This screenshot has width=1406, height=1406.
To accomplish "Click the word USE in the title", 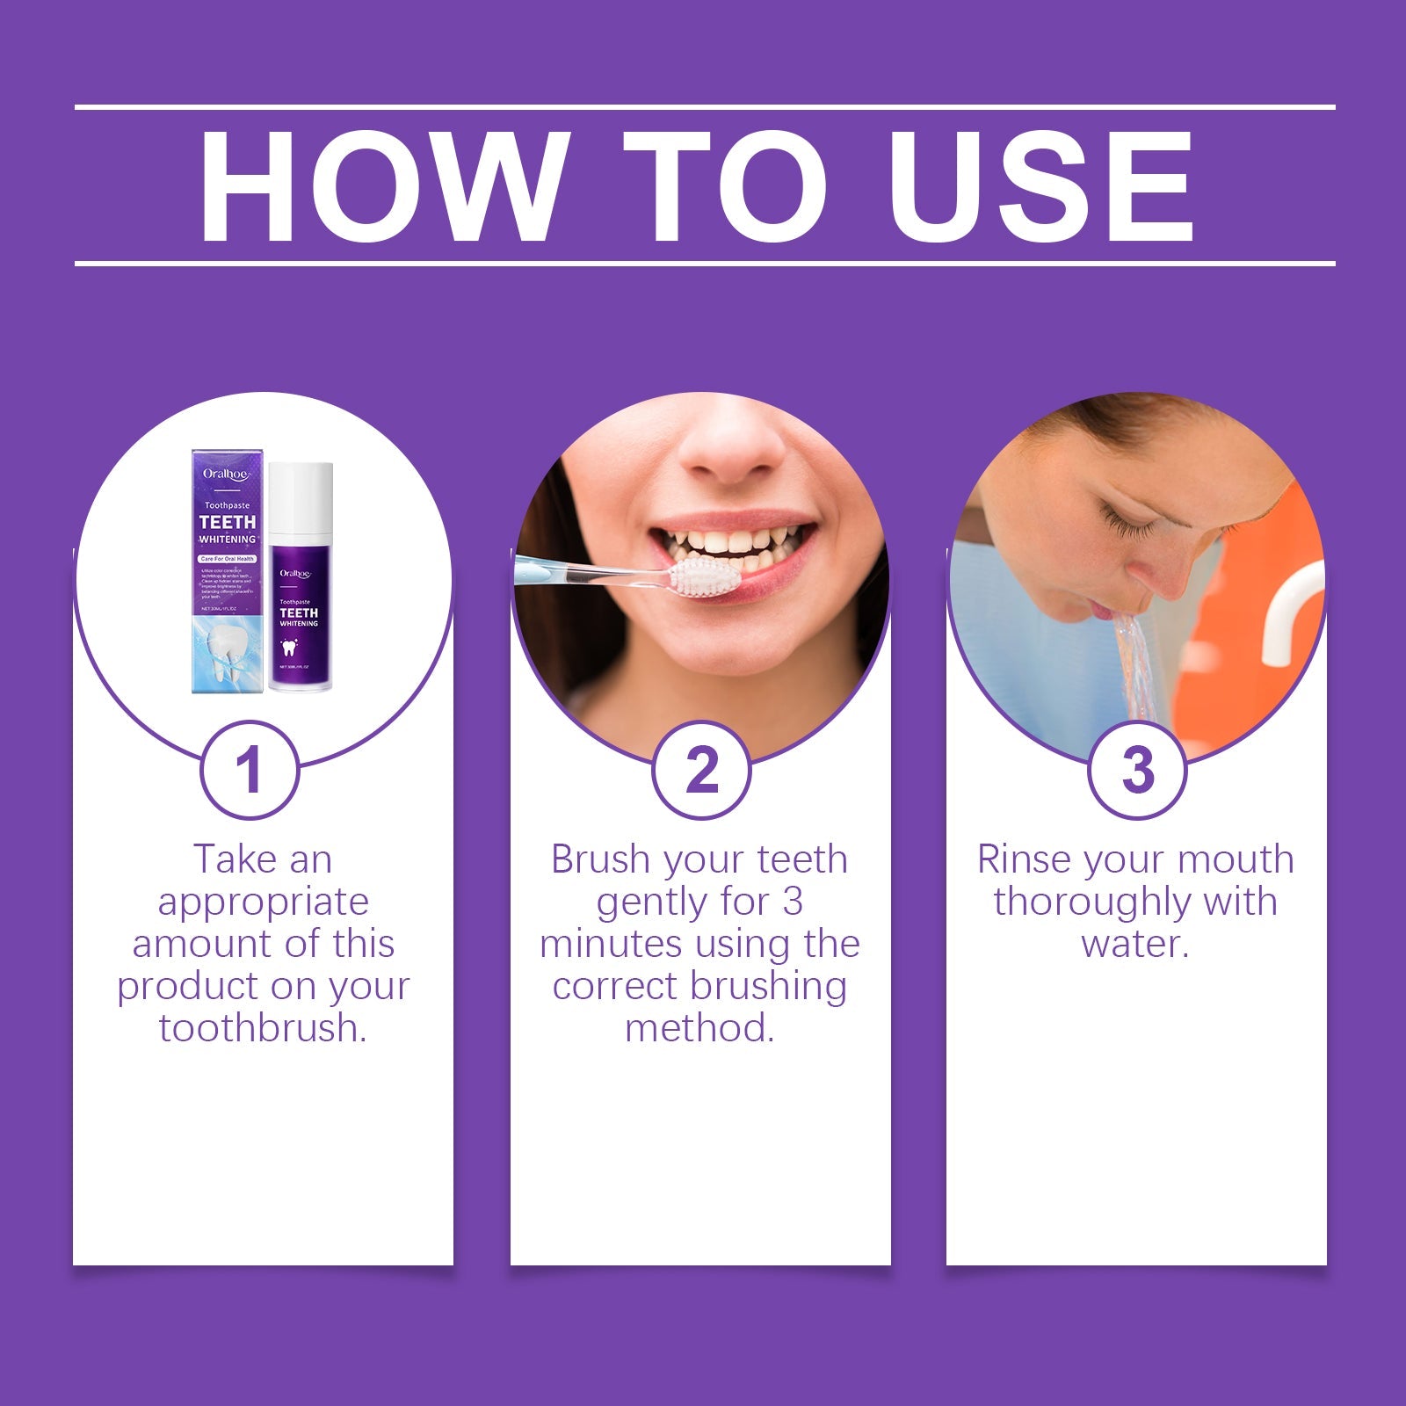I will tap(1046, 187).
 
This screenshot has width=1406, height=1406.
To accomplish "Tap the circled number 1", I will tap(250, 771).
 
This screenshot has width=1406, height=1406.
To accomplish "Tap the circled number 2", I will tap(701, 771).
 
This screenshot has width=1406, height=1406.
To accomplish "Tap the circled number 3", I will tap(1137, 771).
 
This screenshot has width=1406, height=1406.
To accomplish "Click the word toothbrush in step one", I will tap(261, 1028).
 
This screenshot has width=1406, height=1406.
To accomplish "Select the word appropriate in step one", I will tap(263, 902).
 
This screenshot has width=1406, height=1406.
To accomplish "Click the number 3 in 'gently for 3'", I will tap(793, 902).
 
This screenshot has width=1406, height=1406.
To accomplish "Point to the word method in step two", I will tap(699, 1028).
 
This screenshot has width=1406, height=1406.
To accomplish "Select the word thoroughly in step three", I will tap(1090, 902).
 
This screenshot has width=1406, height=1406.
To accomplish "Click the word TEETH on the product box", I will tap(227, 522).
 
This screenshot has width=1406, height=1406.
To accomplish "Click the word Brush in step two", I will tap(599, 859).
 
